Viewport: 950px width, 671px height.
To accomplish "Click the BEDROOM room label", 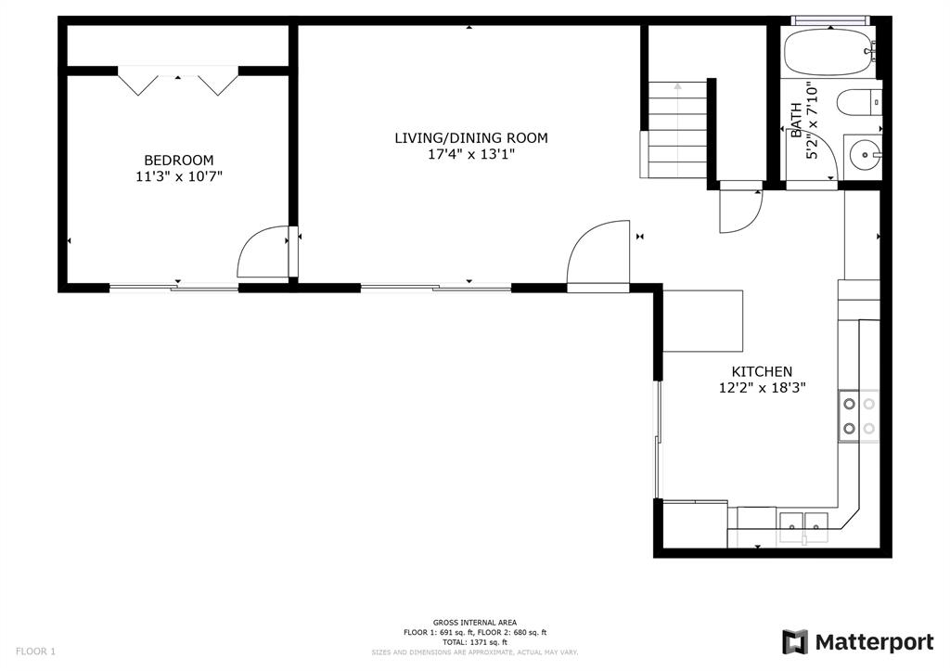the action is pos(179,160).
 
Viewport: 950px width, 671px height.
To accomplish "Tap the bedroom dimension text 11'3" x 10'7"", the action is pos(179,176).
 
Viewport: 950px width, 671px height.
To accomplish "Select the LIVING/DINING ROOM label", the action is pos(471,138).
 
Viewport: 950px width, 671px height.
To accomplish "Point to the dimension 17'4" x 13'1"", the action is pos(471,154).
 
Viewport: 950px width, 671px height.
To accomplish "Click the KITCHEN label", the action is pos(762,371).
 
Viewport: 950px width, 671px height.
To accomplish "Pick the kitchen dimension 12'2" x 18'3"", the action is pos(762,388).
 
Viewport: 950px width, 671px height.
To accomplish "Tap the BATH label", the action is pos(796,120).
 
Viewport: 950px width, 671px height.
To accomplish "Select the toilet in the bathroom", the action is pos(859,101).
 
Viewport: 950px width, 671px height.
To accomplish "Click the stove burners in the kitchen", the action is pos(859,416).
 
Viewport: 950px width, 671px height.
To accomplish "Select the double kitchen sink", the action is pos(803,527).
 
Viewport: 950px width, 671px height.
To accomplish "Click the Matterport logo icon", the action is pos(795,642).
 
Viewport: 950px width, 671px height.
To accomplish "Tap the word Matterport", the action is pos(874,642).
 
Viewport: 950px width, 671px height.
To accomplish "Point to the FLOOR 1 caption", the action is pos(35,652).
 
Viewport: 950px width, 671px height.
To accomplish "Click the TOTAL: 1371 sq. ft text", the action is pos(474,642).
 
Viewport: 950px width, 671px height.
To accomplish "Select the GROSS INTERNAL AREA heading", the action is pos(474,623).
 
